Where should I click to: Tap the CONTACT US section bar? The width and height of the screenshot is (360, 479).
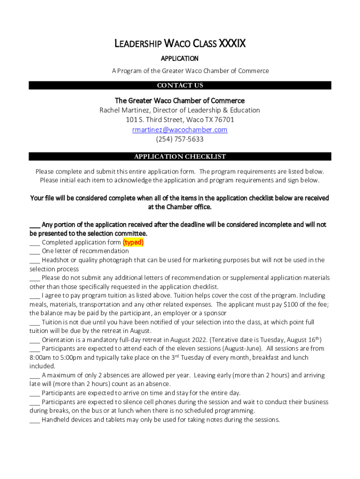coord(180,86)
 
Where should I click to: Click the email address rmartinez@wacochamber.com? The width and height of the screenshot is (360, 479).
coord(180,130)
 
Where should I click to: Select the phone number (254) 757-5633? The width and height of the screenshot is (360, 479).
coord(180,139)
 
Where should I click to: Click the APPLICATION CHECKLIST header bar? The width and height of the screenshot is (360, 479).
coord(180,157)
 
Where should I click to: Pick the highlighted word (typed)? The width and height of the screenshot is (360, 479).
coord(133,242)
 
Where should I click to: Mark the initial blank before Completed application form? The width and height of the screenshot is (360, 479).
coord(35,243)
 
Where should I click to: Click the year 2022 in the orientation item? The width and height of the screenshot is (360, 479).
coord(197,340)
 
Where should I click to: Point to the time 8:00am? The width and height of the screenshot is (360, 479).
coord(41,357)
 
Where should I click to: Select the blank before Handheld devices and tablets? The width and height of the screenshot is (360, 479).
coord(35,421)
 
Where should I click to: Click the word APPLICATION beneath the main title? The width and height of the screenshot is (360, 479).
coord(180,58)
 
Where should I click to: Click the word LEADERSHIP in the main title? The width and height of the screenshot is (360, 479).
coord(138,44)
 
